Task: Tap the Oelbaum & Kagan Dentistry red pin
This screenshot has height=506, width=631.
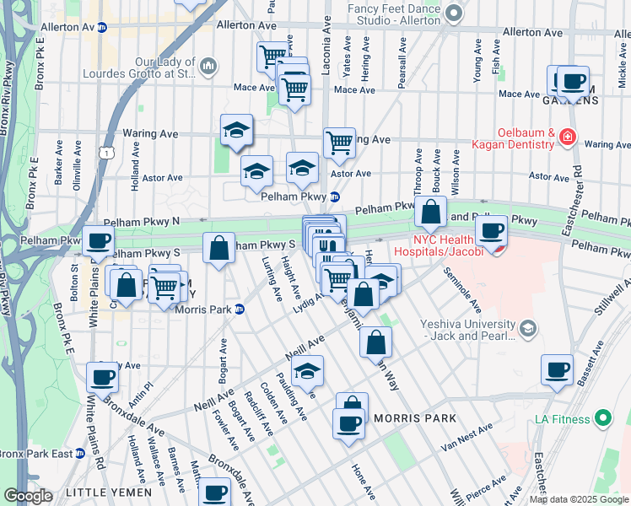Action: (x=568, y=136)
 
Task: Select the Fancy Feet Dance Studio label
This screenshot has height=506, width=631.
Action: (x=394, y=13)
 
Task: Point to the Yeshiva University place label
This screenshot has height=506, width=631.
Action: (x=463, y=328)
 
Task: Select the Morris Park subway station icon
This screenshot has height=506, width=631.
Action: (x=239, y=310)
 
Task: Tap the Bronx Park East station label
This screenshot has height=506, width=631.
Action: (x=36, y=454)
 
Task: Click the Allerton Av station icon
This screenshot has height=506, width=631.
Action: (x=102, y=27)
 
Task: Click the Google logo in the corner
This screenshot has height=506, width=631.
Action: (x=28, y=495)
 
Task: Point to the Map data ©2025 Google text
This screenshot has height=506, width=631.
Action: (x=578, y=499)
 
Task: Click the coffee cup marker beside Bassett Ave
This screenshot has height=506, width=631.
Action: (x=557, y=370)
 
